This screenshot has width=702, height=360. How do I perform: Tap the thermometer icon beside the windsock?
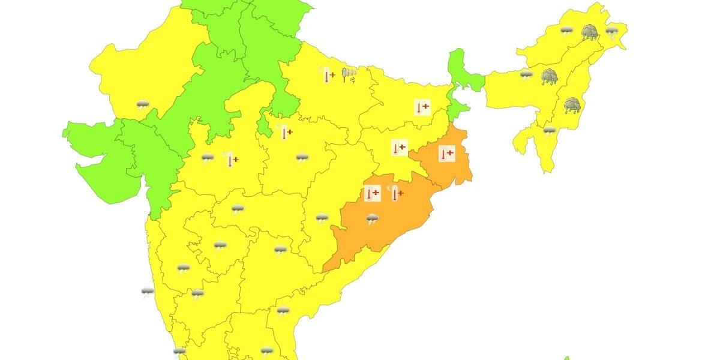pyautogui.click(x=328, y=75)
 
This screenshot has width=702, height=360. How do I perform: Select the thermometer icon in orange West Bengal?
pyautogui.click(x=446, y=154)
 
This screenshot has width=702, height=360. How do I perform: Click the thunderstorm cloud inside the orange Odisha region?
pyautogui.click(x=373, y=219)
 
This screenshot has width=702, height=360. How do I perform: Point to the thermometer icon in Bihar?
pyautogui.click(x=422, y=107)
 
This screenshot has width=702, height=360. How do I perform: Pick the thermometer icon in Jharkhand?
pyautogui.click(x=399, y=147)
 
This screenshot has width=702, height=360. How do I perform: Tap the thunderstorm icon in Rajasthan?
pyautogui.click(x=143, y=106)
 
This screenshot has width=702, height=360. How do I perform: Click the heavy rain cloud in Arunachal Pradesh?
pyautogui.click(x=589, y=31)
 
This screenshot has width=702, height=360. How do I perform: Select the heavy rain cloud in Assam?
pyautogui.click(x=549, y=77)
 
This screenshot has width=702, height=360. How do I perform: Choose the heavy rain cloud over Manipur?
pyautogui.click(x=572, y=106)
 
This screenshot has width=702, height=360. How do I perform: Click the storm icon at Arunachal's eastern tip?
pyautogui.click(x=611, y=31)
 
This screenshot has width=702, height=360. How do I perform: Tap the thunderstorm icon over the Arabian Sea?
pyautogui.click(x=148, y=292)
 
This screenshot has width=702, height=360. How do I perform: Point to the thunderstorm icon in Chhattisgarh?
pyautogui.click(x=322, y=218)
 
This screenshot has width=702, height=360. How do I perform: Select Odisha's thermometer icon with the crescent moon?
pyautogui.click(x=395, y=193)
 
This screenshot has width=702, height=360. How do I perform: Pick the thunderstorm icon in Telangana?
pyautogui.click(x=280, y=250)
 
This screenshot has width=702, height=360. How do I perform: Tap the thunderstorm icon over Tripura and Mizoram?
pyautogui.click(x=549, y=130)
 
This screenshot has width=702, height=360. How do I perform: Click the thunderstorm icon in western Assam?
pyautogui.click(x=526, y=74)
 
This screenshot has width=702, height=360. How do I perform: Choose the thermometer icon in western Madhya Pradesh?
pyautogui.click(x=232, y=160)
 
